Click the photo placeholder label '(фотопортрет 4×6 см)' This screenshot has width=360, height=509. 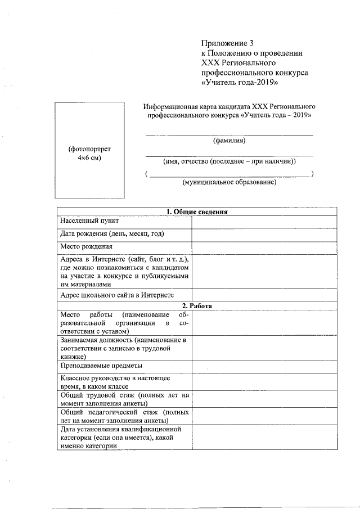pyautogui.click(x=89, y=154)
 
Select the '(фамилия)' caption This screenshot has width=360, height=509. pyautogui.click(x=229, y=141)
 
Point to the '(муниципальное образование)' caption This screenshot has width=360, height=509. pyautogui.click(x=229, y=182)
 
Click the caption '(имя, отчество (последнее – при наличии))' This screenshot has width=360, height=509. pyautogui.click(x=229, y=161)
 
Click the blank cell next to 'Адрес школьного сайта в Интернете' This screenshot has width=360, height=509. pyautogui.click(x=264, y=295)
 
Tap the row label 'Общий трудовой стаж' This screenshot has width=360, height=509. pyautogui.click(x=124, y=399)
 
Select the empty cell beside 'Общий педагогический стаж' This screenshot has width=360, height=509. pyautogui.click(x=264, y=416)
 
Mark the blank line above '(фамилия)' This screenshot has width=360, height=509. pyautogui.click(x=229, y=134)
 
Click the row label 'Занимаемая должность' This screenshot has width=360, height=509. pyautogui.click(x=124, y=348)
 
